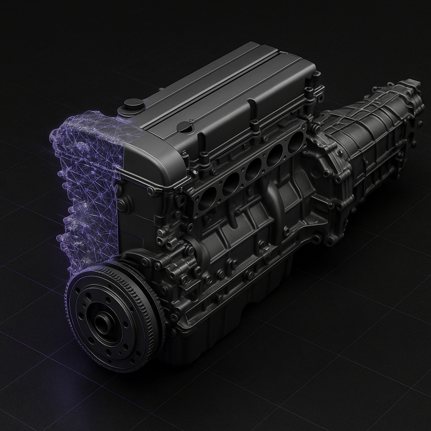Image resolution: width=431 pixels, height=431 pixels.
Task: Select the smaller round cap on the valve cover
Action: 184,126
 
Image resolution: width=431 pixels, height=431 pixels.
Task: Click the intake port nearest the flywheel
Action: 207,198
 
